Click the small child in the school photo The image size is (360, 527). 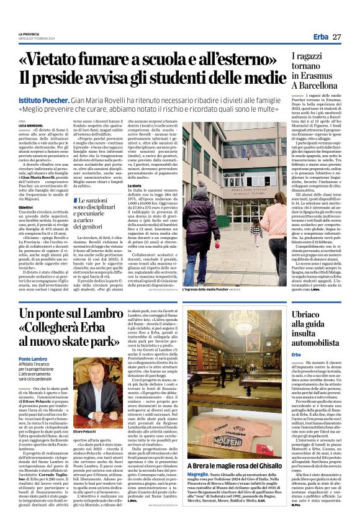tap(257, 230)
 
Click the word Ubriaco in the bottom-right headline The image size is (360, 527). tap(309, 315)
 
